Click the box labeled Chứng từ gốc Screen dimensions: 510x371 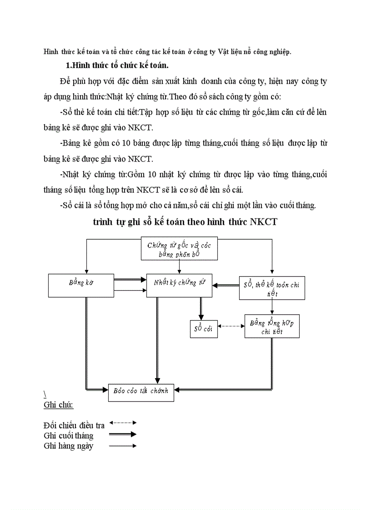[x=179, y=248]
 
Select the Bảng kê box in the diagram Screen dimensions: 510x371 [x=81, y=285]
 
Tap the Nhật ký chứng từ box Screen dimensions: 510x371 [x=179, y=285]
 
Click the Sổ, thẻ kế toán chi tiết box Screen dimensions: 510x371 [x=272, y=288]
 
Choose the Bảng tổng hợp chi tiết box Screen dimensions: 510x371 [x=272, y=326]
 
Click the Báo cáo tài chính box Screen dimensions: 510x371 [x=141, y=390]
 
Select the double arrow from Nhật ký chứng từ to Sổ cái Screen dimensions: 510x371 [x=200, y=308]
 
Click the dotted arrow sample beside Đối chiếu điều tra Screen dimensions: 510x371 [x=123, y=423]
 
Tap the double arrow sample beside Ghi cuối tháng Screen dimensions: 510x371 [x=123, y=434]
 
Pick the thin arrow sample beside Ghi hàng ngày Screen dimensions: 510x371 [x=123, y=446]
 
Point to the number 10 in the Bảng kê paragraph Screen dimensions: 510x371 [x=124, y=143]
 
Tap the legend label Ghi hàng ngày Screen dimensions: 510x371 [x=69, y=446]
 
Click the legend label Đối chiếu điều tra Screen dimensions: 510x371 [x=74, y=426]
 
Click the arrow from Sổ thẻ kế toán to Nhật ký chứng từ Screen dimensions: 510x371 [x=226, y=285]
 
